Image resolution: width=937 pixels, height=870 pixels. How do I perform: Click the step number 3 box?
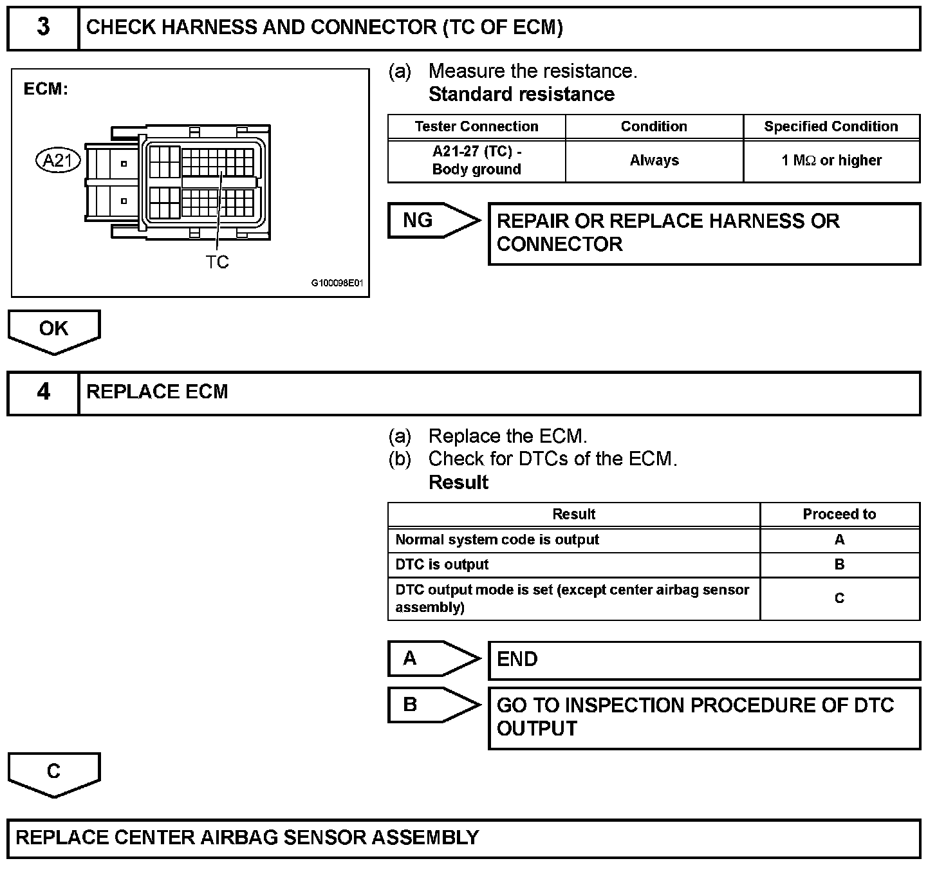(42, 28)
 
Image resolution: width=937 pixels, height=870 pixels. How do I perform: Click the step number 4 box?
(42, 392)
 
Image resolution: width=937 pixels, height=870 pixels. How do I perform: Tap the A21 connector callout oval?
(58, 160)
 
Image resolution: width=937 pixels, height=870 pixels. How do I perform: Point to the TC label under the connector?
(218, 263)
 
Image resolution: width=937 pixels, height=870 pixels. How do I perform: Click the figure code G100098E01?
(337, 283)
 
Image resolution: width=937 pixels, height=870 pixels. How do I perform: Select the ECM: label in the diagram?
(46, 89)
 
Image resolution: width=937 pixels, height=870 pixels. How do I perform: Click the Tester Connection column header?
(476, 127)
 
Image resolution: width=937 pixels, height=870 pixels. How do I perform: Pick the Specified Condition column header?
(831, 127)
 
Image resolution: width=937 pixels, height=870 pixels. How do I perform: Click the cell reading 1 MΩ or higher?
(831, 161)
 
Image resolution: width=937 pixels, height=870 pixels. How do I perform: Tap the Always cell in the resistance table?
(654, 161)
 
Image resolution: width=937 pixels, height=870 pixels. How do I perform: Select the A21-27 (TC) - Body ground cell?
(476, 161)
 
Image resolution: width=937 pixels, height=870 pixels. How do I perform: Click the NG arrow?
(432, 221)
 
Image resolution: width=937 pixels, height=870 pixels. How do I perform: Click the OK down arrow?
(54, 330)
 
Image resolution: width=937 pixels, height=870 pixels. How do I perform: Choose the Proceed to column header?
(839, 515)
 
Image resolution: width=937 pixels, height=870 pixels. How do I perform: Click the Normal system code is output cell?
(497, 540)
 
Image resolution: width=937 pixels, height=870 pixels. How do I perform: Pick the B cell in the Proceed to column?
(839, 565)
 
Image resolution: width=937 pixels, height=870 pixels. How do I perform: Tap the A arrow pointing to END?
(432, 659)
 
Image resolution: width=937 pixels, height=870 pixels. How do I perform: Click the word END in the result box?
(517, 660)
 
